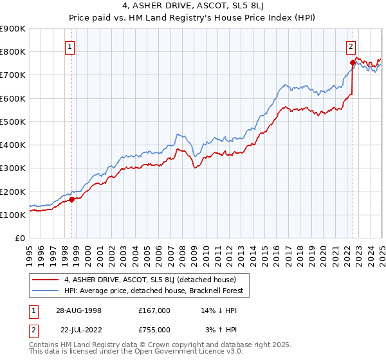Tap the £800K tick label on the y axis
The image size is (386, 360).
13,51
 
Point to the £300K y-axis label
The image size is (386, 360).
13,168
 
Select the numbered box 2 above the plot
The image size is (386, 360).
351,46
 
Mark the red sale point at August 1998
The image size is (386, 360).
72,199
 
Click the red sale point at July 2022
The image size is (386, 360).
353,62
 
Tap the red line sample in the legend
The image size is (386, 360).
46,280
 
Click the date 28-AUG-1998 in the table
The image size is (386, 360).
78,310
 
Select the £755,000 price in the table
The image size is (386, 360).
154,329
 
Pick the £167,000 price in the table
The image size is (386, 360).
154,310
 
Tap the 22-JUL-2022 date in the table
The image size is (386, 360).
78,329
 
